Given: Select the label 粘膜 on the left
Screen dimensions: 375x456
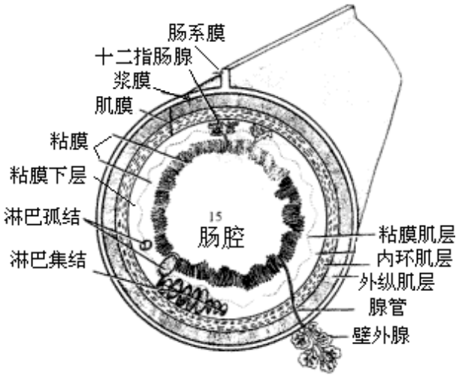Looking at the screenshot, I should (x=71, y=141).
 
